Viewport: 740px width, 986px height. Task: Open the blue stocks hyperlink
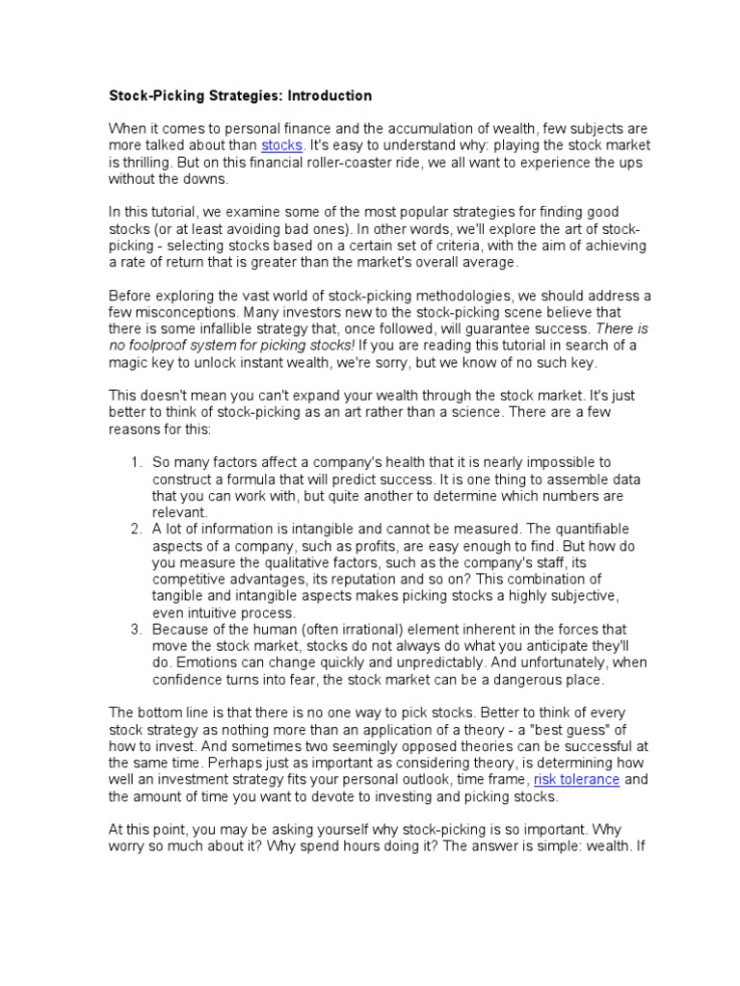pos(282,145)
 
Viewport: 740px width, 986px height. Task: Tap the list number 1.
pos(136,463)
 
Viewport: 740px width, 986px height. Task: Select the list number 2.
pos(136,529)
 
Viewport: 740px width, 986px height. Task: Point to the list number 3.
pos(136,629)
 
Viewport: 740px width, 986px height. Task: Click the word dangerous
pos(513,679)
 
